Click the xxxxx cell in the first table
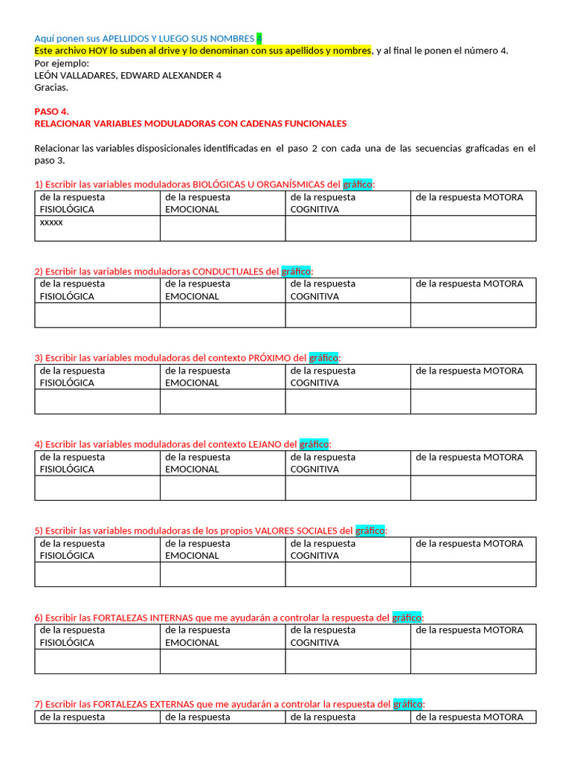[x=51, y=222]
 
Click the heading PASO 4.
[x=51, y=111]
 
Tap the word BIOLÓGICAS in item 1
[x=219, y=185]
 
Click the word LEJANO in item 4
[x=265, y=444]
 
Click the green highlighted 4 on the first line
[x=259, y=38]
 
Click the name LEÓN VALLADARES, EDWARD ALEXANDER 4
[x=128, y=75]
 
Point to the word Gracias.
[x=51, y=87]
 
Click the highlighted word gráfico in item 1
[x=358, y=185]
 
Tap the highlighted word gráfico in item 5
[x=370, y=531]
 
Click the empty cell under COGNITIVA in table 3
[x=347, y=402]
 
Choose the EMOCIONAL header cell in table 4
[x=222, y=463]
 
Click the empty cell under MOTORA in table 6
[x=473, y=662]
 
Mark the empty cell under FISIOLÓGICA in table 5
[x=97, y=574]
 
